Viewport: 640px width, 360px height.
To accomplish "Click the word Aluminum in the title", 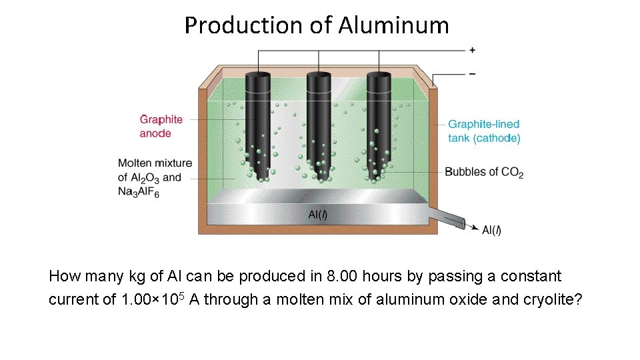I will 393,25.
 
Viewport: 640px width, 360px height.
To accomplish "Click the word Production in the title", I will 243,25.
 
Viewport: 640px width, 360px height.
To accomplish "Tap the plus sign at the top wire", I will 473,49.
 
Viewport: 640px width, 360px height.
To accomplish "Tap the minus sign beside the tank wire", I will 473,73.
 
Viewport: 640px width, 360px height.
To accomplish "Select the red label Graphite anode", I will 161,126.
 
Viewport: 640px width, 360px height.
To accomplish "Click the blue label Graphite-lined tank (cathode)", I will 483,131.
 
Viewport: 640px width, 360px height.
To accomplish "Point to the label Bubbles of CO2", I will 484,172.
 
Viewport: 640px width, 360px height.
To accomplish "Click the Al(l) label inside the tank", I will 317,214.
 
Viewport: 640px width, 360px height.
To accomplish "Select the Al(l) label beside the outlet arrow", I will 491,230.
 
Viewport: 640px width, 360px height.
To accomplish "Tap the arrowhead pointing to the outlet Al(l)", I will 475,228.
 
